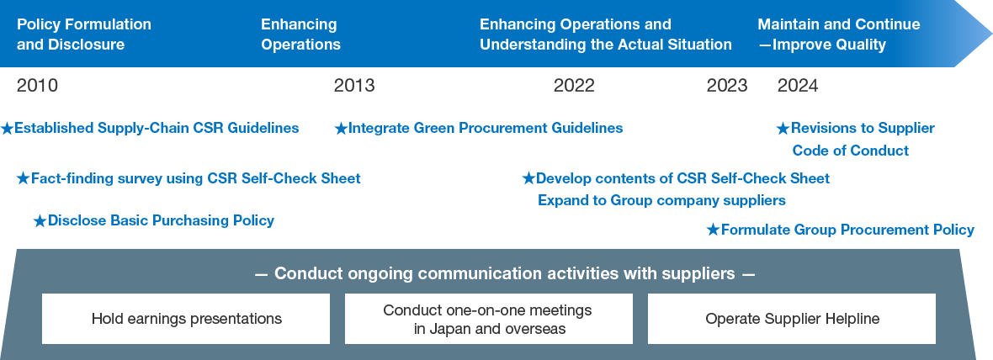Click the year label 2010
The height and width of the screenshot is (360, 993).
38,86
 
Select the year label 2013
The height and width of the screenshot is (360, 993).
354,86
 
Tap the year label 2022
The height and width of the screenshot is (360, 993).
574,86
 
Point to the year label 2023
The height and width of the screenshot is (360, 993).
727,86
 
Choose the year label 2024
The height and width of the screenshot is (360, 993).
798,86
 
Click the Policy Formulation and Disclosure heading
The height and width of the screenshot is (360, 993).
83,34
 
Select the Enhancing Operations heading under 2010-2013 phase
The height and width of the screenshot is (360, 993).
300,34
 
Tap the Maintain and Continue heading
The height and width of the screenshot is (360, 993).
838,25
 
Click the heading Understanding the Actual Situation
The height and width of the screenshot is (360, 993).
605,45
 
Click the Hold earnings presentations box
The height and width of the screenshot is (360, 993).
186,319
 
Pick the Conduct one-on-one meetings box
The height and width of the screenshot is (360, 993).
488,319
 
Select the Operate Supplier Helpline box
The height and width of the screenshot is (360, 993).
791,319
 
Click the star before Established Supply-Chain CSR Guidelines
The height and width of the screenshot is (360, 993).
8,129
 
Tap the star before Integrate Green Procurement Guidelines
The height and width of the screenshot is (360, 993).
341,129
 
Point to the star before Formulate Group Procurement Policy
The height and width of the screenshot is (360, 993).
714,230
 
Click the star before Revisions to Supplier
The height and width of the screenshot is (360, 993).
783,129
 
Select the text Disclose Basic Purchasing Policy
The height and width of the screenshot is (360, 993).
161,220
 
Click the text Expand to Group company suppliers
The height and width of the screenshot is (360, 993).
661,200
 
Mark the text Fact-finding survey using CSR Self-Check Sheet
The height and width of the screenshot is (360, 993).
195,178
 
